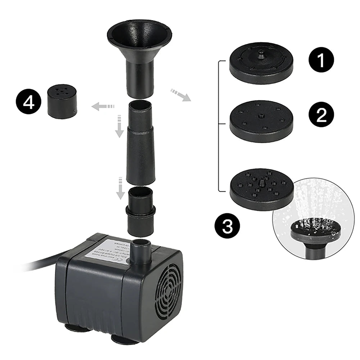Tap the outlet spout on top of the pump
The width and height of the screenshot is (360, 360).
[x=140, y=252]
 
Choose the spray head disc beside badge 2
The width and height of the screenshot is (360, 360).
[x=261, y=121]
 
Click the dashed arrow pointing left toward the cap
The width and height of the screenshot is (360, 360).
[x=102, y=106]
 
